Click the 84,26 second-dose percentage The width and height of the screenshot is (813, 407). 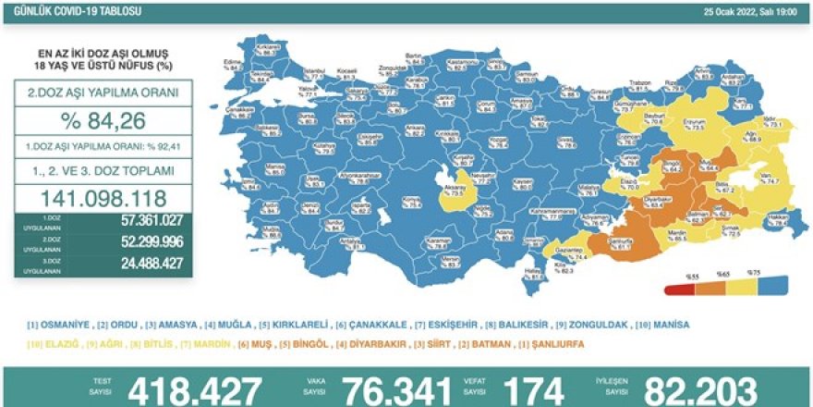point(103,124)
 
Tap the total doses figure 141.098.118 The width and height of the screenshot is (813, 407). point(103,198)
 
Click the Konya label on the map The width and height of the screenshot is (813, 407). point(402,199)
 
